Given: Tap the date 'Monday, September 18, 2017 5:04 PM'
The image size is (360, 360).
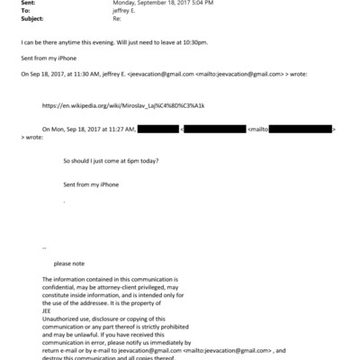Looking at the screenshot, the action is (157, 4).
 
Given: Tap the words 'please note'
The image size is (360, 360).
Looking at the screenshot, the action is (71, 264).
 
